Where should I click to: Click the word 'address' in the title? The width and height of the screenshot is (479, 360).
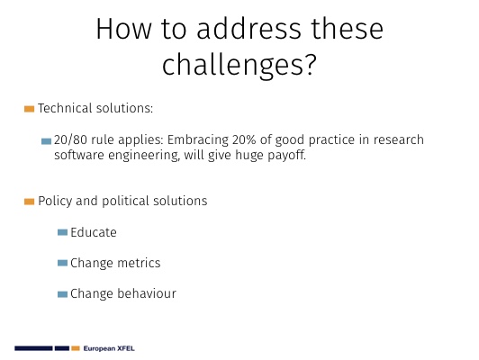[249, 29]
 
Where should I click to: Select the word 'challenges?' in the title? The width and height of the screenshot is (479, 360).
[239, 65]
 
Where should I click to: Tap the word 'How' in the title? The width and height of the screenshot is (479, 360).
[123, 29]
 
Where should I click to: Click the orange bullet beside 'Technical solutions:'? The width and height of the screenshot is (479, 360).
[29, 109]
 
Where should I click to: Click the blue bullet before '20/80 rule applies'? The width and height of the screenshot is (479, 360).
[46, 141]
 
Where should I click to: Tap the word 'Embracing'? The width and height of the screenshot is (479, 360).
[198, 139]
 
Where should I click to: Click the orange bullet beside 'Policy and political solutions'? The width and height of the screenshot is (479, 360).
[29, 202]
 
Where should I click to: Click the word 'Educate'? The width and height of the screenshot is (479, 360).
[94, 232]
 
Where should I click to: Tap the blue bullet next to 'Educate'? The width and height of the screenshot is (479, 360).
[62, 232]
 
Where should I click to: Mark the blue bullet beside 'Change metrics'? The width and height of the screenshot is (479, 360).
[62, 263]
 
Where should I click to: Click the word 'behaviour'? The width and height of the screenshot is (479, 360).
[147, 293]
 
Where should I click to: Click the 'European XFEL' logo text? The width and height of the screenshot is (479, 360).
[109, 348]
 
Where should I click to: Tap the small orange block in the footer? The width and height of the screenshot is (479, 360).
[76, 348]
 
